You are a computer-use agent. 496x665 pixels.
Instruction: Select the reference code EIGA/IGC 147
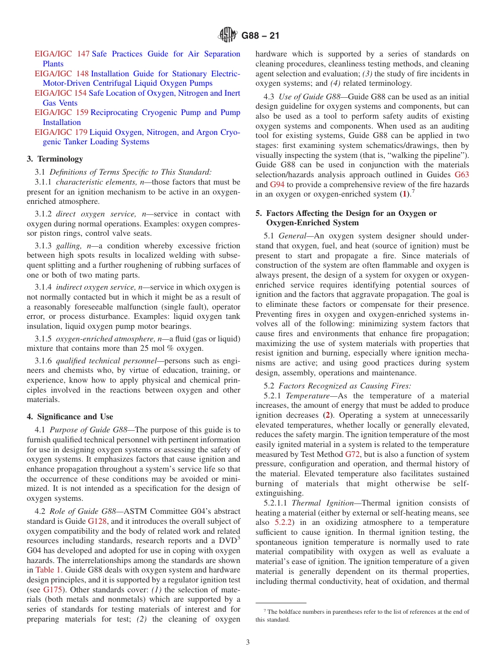pos(62,54)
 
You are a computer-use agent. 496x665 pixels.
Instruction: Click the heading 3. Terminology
pos(55,158)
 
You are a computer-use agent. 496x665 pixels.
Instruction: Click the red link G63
pos(462,175)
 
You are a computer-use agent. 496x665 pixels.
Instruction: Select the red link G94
pos(277,185)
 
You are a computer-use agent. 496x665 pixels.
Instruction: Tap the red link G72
pos(352,454)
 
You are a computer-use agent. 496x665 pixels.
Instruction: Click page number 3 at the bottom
pos(248,643)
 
